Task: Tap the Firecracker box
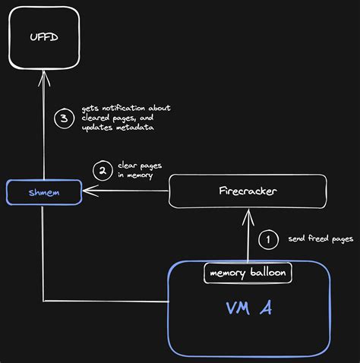click(x=248, y=191)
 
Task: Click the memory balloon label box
click(x=248, y=273)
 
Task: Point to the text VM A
click(x=249, y=308)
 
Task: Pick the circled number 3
click(x=64, y=118)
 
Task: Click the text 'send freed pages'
click(x=321, y=239)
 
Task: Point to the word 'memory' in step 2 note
click(x=138, y=175)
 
